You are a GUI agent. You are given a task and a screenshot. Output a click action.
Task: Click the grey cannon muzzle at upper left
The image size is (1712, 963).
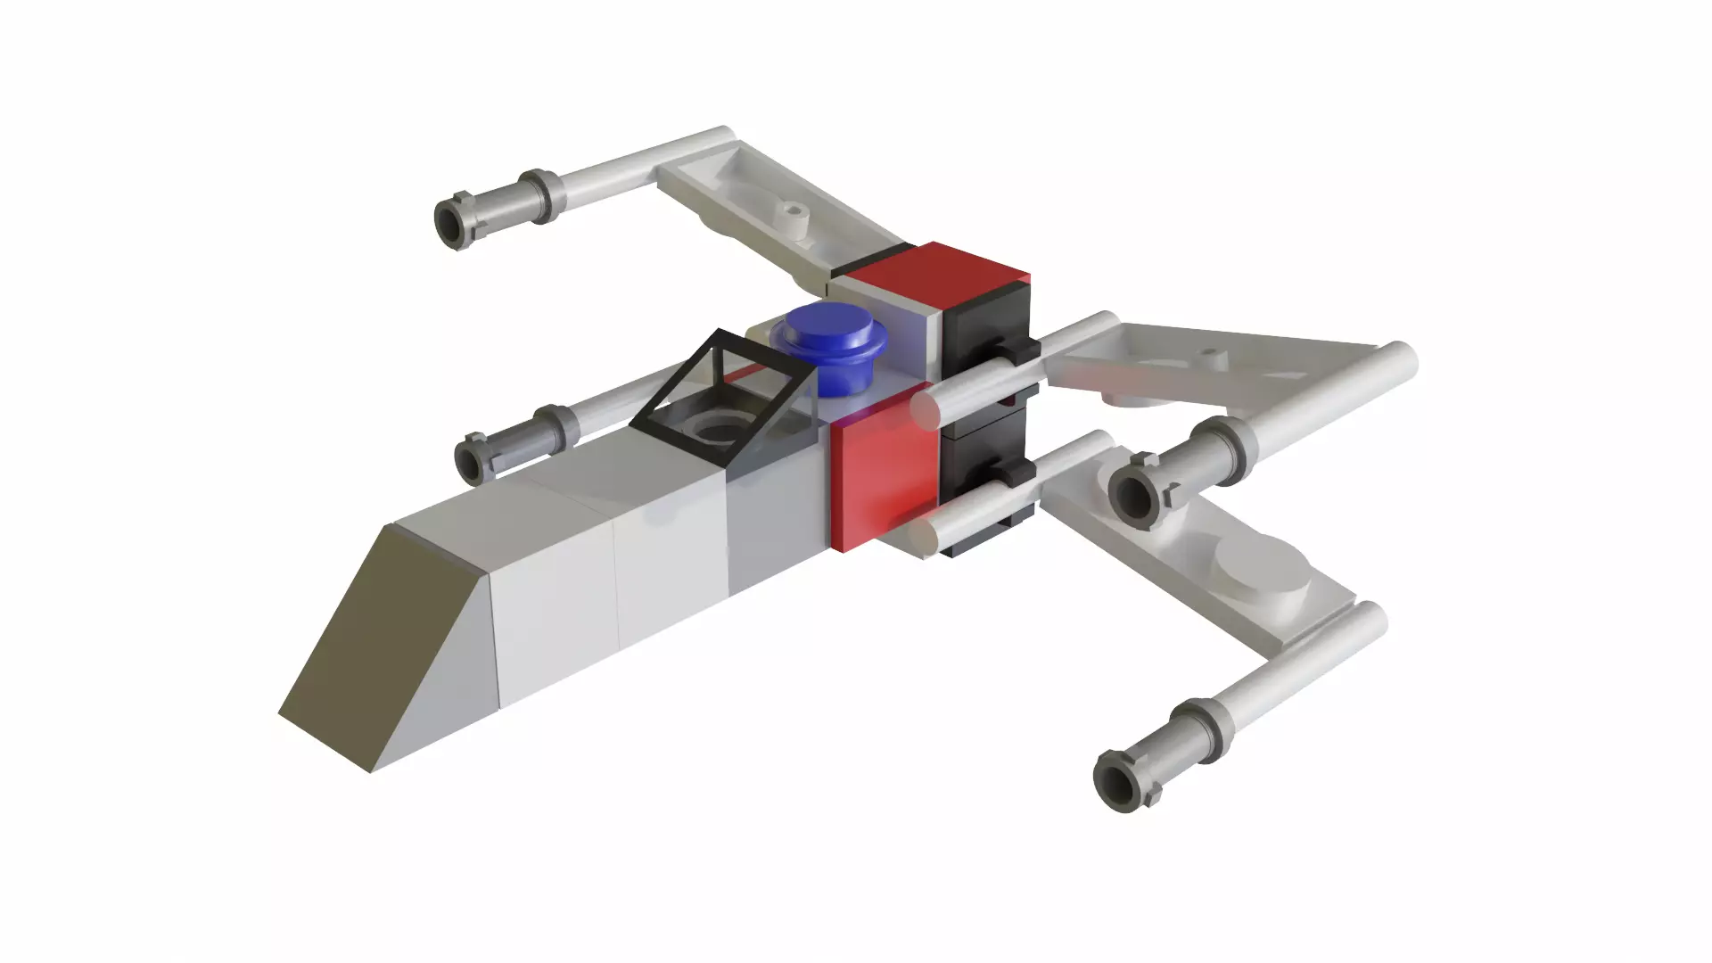[453, 220]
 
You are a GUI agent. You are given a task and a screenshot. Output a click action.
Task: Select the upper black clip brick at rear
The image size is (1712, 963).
[985, 339]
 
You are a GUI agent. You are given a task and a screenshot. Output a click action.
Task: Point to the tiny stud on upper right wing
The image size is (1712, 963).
[1209, 355]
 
